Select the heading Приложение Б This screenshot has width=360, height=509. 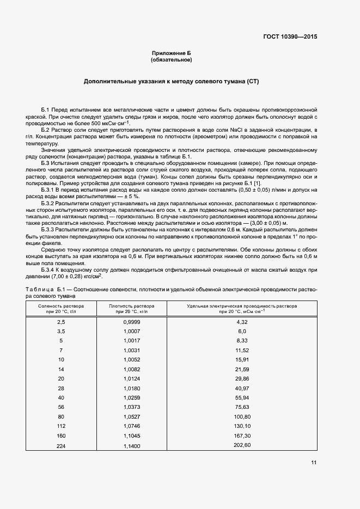click(x=172, y=53)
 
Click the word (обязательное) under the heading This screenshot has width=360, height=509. click(x=172, y=60)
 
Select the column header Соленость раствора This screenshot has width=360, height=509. click(x=61, y=306)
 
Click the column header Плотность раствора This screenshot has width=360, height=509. click(x=131, y=306)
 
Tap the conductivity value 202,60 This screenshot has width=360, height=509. click(x=242, y=445)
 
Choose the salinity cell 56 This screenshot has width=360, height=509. click(x=61, y=407)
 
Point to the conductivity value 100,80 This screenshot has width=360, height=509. click(x=242, y=416)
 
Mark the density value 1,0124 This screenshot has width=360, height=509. click(x=131, y=378)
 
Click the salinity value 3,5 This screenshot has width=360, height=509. click(x=61, y=331)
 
